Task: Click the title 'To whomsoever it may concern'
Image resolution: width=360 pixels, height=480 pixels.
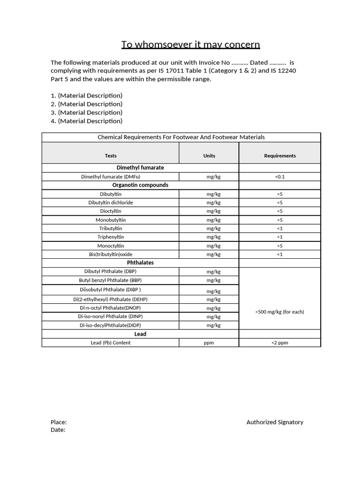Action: pyautogui.click(x=190, y=45)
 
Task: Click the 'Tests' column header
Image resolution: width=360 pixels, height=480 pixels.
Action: pyautogui.click(x=111, y=156)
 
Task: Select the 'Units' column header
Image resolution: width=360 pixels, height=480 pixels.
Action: pyautogui.click(x=209, y=156)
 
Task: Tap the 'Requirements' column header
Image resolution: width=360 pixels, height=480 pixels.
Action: pyautogui.click(x=280, y=156)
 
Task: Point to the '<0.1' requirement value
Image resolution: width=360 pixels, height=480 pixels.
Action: pyautogui.click(x=280, y=177)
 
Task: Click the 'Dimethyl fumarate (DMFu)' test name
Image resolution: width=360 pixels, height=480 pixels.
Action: pyautogui.click(x=111, y=177)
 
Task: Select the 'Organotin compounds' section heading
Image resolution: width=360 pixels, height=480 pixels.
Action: pyautogui.click(x=140, y=185)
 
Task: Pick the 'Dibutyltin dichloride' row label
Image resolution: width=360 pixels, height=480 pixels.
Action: pyautogui.click(x=111, y=202)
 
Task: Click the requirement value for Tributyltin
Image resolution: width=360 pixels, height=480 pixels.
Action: pyautogui.click(x=280, y=228)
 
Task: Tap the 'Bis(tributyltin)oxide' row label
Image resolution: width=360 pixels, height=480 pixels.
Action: pyautogui.click(x=111, y=254)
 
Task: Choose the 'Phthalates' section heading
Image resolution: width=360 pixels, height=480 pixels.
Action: pyautogui.click(x=140, y=262)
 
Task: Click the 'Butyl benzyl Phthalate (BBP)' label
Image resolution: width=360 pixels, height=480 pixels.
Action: pyautogui.click(x=111, y=280)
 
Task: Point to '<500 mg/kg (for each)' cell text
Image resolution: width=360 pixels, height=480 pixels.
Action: pyautogui.click(x=280, y=312)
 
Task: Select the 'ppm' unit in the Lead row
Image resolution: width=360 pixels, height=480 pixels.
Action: pyautogui.click(x=209, y=343)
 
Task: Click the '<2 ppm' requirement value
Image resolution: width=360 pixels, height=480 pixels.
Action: pyautogui.click(x=280, y=343)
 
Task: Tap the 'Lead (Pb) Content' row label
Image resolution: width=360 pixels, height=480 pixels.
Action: pyautogui.click(x=111, y=343)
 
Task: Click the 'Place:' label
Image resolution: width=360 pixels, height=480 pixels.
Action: pyautogui.click(x=59, y=422)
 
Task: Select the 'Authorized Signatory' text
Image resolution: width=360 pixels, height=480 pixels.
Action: pyautogui.click(x=275, y=422)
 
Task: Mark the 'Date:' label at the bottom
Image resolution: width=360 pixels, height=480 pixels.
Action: pyautogui.click(x=58, y=430)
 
